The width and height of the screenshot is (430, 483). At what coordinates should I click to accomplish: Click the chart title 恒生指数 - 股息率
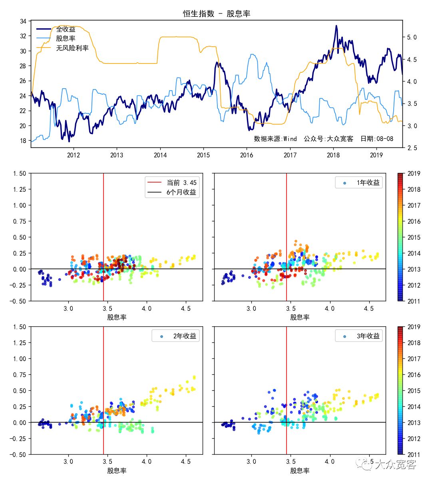[217, 14]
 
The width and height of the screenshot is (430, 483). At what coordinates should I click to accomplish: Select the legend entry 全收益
[66, 29]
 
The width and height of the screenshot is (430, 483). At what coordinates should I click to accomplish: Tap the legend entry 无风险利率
[72, 48]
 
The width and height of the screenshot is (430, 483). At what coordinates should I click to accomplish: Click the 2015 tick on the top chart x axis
[203, 155]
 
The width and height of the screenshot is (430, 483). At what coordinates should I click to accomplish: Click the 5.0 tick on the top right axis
[412, 37]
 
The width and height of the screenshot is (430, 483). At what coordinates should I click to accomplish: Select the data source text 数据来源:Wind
[275, 139]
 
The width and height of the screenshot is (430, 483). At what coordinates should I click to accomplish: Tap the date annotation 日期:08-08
[377, 139]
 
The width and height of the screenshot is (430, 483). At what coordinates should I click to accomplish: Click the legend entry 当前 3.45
[181, 183]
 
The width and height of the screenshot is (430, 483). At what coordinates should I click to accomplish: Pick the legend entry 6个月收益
[181, 192]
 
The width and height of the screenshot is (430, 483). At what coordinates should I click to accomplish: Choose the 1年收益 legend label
[368, 183]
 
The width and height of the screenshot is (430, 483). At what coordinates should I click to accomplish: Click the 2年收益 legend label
[185, 336]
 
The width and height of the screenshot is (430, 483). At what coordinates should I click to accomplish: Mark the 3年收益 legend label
[368, 336]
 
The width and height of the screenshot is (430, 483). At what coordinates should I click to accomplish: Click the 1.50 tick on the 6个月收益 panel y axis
[19, 173]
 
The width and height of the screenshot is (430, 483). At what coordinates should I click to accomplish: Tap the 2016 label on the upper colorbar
[414, 221]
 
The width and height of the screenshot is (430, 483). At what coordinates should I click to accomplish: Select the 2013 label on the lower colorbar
[414, 423]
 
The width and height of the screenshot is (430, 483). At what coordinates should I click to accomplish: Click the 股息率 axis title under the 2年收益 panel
[117, 471]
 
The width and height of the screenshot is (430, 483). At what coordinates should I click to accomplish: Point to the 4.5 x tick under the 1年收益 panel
[368, 308]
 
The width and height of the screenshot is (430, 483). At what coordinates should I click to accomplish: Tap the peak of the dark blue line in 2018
[336, 26]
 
